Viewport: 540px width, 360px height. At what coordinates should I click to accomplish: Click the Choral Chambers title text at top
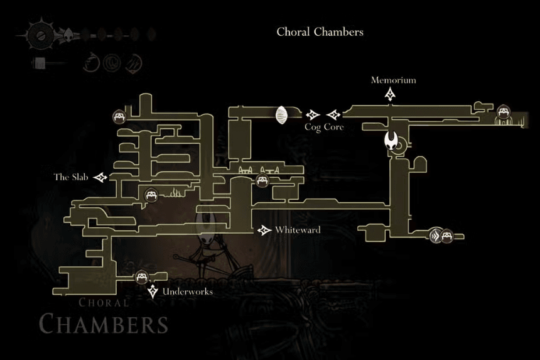(x=320, y=31)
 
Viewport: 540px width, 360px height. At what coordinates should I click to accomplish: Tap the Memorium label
(x=393, y=80)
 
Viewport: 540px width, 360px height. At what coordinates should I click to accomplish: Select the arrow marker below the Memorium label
(x=391, y=95)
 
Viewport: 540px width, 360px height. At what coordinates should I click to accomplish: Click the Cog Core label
(x=324, y=126)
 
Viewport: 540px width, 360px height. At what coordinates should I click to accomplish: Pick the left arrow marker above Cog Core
(x=312, y=114)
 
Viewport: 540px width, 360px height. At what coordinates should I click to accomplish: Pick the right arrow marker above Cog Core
(x=334, y=114)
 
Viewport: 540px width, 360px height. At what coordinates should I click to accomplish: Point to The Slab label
(x=70, y=177)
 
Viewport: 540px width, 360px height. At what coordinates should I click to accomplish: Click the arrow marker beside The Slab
(x=100, y=178)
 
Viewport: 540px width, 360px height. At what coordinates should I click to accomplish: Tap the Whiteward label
(x=297, y=230)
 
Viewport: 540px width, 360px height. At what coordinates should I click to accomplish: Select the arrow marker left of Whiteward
(x=264, y=231)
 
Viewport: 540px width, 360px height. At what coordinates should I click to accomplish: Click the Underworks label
(x=187, y=292)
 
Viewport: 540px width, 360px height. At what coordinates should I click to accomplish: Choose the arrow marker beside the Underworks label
(x=153, y=292)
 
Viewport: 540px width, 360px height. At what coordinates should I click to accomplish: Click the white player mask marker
(x=393, y=142)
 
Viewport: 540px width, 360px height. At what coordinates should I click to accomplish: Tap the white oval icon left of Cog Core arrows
(x=282, y=115)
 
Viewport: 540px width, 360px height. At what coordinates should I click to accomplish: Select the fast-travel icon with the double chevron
(x=435, y=236)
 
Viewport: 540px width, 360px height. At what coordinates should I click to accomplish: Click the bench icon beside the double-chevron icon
(x=446, y=236)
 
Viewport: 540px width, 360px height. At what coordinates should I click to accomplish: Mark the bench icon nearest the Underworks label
(x=141, y=277)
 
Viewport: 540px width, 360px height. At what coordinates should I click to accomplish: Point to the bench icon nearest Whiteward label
(x=262, y=182)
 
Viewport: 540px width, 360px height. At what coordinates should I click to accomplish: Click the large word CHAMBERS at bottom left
(x=104, y=324)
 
